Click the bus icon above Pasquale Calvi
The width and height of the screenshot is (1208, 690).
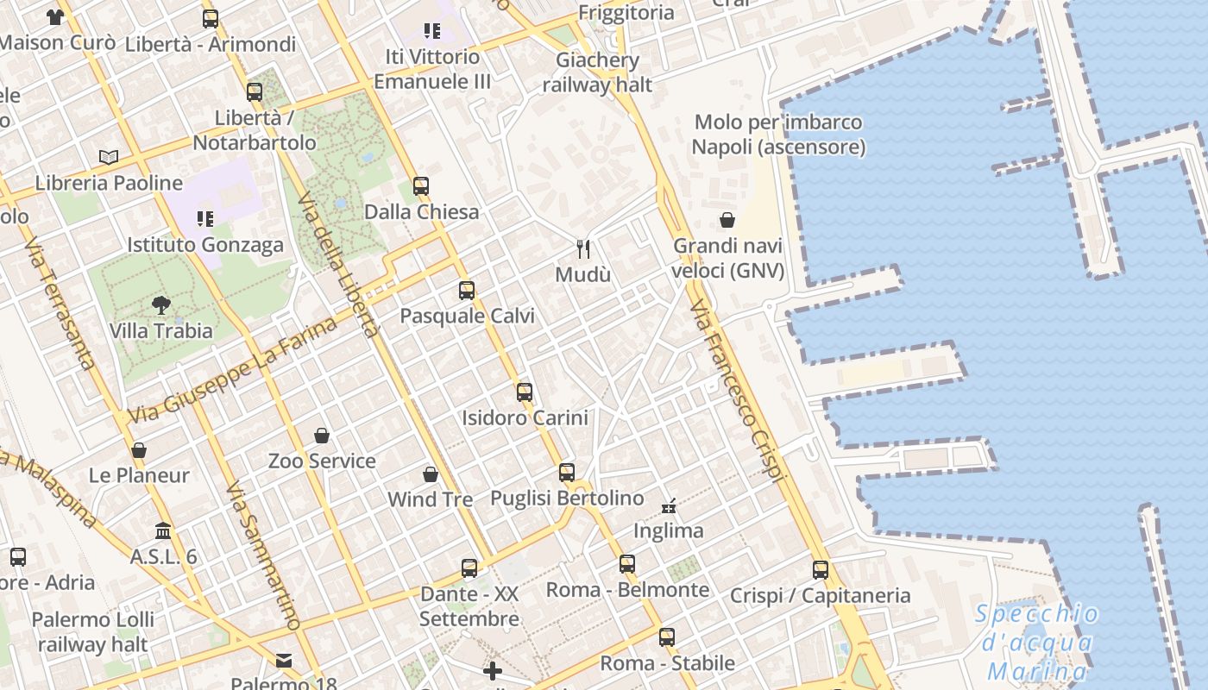click(467, 290)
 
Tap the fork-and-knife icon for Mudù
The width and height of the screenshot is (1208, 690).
click(583, 249)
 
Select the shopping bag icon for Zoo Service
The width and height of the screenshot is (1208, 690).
click(322, 436)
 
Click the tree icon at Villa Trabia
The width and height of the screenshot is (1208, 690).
click(160, 304)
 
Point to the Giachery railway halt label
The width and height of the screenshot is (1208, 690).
click(597, 72)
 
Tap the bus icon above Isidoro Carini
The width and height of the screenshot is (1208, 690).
click(525, 392)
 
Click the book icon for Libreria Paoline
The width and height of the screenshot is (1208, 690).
click(109, 157)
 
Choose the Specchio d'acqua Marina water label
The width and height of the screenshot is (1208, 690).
click(1037, 643)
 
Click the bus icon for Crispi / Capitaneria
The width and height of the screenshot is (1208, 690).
click(821, 569)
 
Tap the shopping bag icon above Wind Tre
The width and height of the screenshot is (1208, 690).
click(431, 474)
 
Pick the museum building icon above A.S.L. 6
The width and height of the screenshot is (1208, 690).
click(163, 530)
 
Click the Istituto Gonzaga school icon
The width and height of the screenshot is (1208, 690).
click(204, 218)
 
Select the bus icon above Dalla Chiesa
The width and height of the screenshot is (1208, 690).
click(421, 185)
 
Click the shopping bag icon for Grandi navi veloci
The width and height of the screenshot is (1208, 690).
click(727, 220)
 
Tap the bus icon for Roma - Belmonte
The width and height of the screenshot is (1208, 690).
click(627, 564)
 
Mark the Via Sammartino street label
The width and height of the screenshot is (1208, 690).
click(263, 556)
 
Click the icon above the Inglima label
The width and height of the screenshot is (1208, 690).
click(669, 505)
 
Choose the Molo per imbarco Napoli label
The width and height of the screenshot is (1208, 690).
click(778, 135)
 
